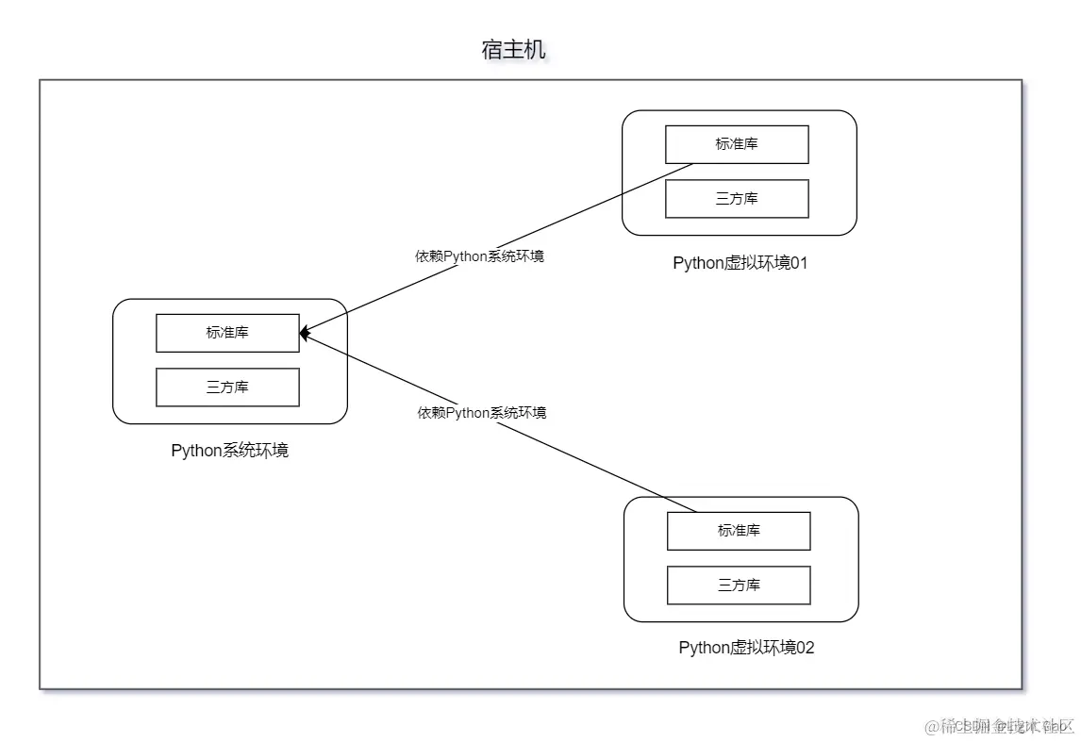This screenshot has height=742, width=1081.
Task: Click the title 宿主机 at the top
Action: [x=513, y=50]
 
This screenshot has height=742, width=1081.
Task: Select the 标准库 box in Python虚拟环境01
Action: [x=737, y=144]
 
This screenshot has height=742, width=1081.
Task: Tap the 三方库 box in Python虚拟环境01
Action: [x=737, y=199]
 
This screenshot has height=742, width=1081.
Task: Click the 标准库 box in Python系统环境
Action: [x=227, y=333]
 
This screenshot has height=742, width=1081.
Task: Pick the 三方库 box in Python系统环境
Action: [x=227, y=387]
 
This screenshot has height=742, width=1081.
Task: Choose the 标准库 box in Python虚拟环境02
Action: [x=739, y=531]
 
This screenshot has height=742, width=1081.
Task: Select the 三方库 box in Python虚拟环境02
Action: [x=739, y=585]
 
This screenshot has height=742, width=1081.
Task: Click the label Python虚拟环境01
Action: [x=740, y=263]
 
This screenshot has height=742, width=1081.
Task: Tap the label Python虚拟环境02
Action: [x=745, y=648]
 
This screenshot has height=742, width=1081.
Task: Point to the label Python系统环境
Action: [x=229, y=451]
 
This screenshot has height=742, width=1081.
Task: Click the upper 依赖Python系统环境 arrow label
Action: [x=479, y=256]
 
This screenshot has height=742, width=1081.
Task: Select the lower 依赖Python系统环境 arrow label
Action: [x=482, y=413]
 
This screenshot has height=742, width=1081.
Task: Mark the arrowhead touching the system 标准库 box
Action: [x=306, y=333]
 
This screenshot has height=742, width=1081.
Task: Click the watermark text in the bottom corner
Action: [x=1000, y=726]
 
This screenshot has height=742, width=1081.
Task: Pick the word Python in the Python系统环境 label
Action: [x=195, y=451]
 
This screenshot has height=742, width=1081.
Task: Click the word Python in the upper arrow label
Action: [x=467, y=256]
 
